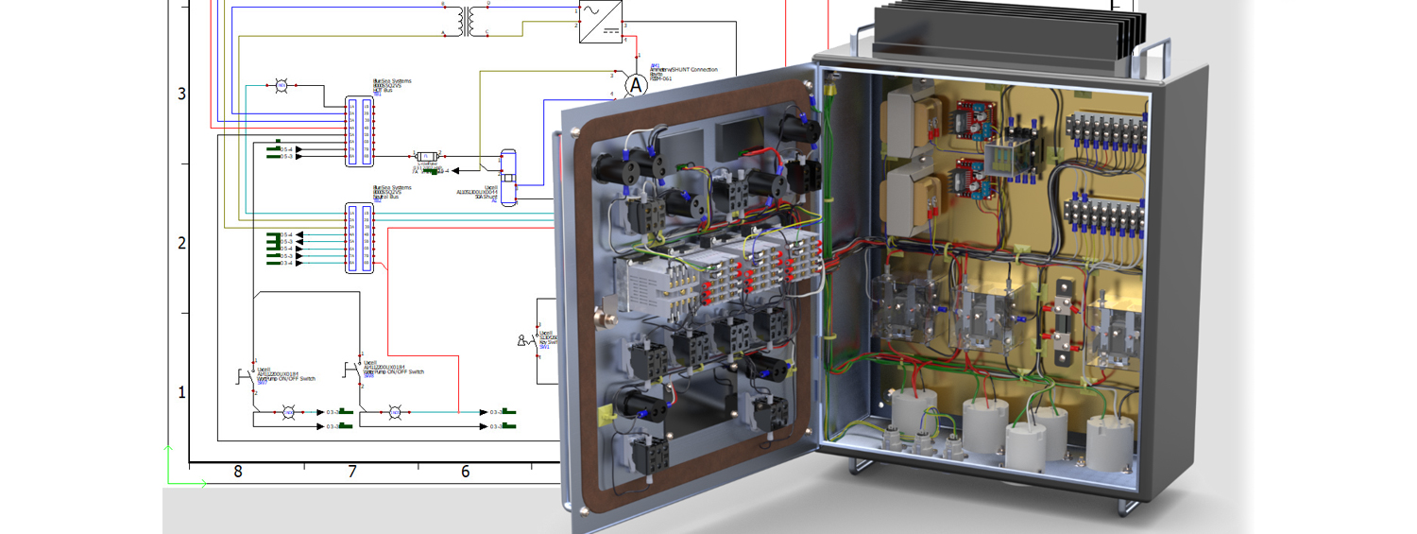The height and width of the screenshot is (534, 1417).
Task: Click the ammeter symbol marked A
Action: [636, 85]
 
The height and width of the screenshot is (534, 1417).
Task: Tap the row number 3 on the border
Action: [182, 94]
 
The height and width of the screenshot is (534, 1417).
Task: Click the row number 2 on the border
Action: [182, 243]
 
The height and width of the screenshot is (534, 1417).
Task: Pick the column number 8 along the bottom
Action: [237, 471]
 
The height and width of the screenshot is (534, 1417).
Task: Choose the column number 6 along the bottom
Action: [465, 471]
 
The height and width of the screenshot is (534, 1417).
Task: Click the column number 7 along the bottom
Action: [351, 471]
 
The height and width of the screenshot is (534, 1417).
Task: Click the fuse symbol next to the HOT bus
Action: [427, 156]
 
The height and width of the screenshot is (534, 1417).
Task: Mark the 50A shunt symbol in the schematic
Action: [507, 175]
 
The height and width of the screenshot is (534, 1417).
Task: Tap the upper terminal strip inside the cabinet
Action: [1104, 131]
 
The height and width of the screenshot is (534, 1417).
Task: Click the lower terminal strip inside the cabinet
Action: [1104, 218]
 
